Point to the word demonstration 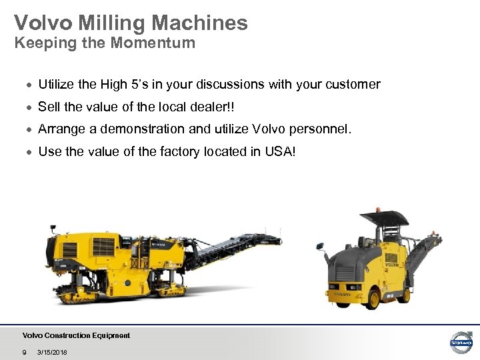coord(135,129)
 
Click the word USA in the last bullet coord(277,152)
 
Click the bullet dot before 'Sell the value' coord(29,108)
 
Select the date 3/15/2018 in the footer coord(53,352)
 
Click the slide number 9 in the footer coord(25,352)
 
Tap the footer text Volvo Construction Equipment coord(76,335)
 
